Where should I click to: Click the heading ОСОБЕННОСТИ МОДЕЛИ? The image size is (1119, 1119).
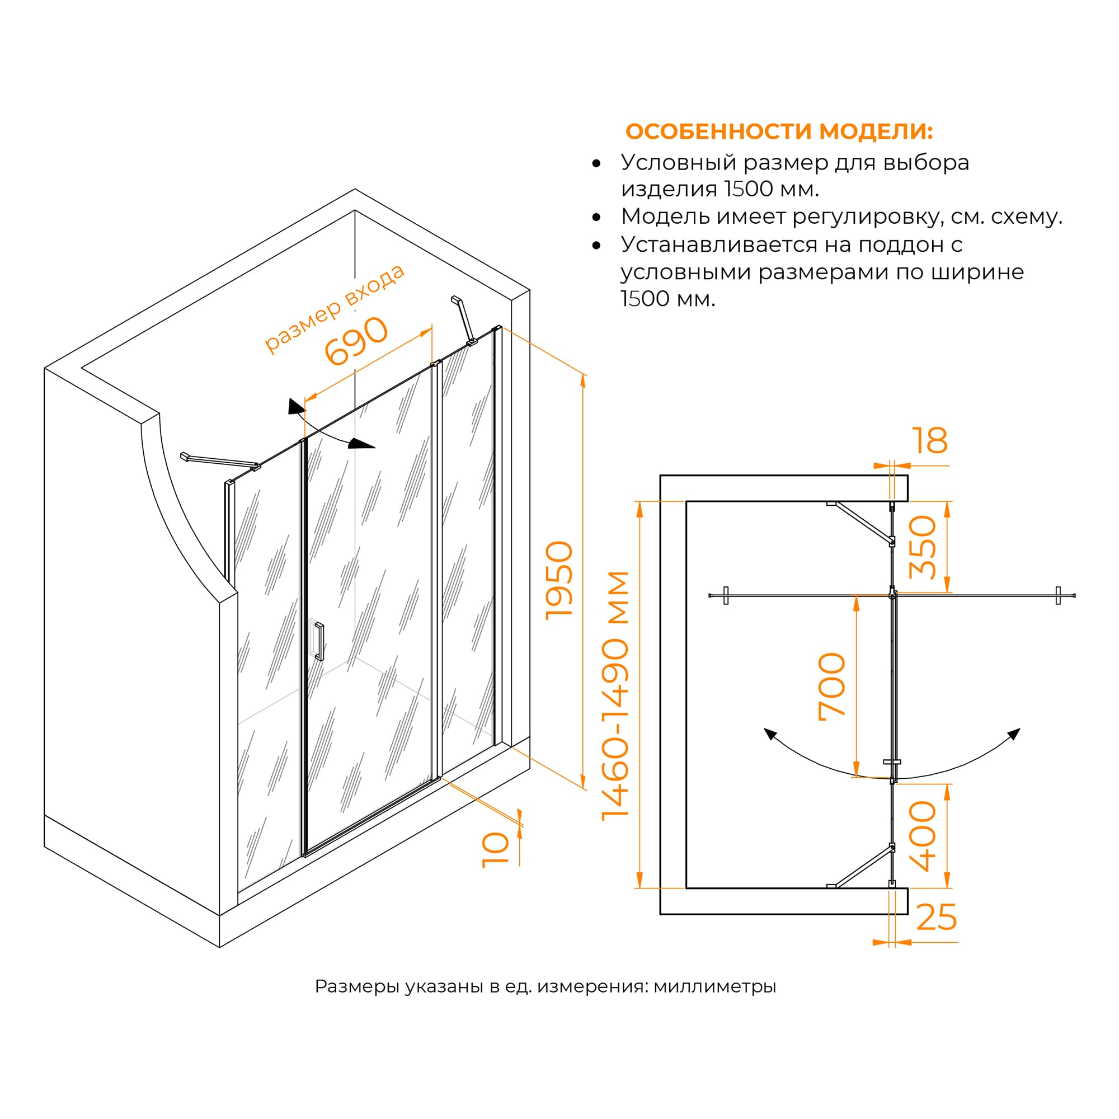click(779, 131)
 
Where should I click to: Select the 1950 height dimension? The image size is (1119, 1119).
click(559, 580)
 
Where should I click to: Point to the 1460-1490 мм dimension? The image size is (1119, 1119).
click(615, 695)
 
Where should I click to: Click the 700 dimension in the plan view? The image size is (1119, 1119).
click(832, 687)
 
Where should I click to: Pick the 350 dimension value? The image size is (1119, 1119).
click(923, 547)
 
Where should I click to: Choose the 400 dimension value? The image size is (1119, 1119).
click(923, 836)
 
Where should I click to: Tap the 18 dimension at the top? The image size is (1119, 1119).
click(929, 441)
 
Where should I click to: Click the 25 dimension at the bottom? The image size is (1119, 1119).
click(937, 918)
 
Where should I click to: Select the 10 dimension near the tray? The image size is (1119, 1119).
click(496, 850)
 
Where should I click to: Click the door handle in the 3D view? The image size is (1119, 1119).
click(319, 641)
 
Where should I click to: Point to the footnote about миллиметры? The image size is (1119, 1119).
click(545, 986)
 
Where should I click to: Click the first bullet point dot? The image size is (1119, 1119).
click(596, 164)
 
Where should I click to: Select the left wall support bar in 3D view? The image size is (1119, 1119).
click(220, 460)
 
